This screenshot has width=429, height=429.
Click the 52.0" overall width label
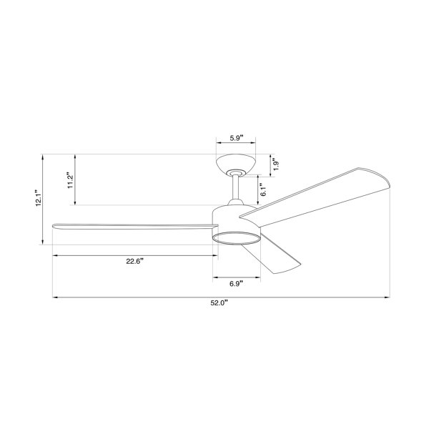[x=220, y=303]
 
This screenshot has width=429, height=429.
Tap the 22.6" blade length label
[x=135, y=261]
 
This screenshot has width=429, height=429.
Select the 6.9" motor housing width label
[x=237, y=284]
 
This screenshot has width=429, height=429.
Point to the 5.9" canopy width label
[x=237, y=138]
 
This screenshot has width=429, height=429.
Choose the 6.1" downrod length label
[x=263, y=189]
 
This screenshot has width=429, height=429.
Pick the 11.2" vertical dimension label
[x=70, y=180]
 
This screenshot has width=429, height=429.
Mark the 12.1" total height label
[x=39, y=197]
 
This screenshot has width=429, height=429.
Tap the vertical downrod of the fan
[x=235, y=187]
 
